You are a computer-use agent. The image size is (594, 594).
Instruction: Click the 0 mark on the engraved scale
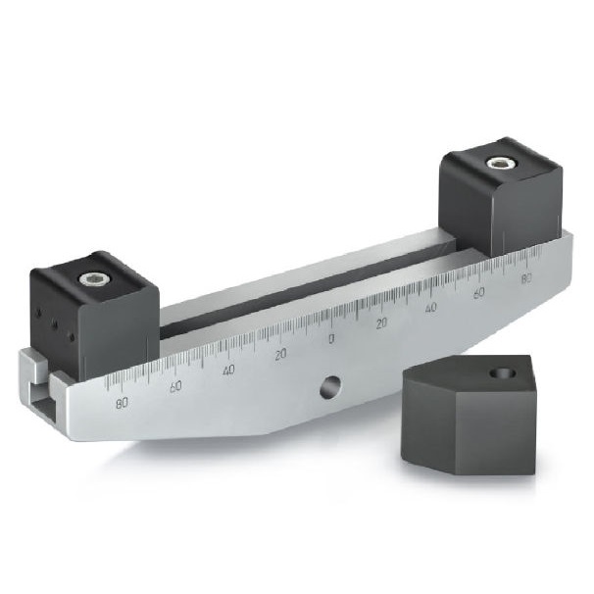coord(330,338)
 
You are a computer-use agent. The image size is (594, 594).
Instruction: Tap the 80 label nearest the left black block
coord(123,402)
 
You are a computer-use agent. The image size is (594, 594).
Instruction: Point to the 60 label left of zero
coord(175,386)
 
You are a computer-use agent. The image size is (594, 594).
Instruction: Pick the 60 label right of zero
coord(479,293)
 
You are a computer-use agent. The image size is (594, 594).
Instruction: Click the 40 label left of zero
coord(228,370)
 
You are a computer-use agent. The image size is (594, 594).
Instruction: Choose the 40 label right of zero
coord(431,308)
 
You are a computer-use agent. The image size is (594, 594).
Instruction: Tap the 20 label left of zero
coord(280,354)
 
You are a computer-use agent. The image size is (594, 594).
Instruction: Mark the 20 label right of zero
coord(382,322)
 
